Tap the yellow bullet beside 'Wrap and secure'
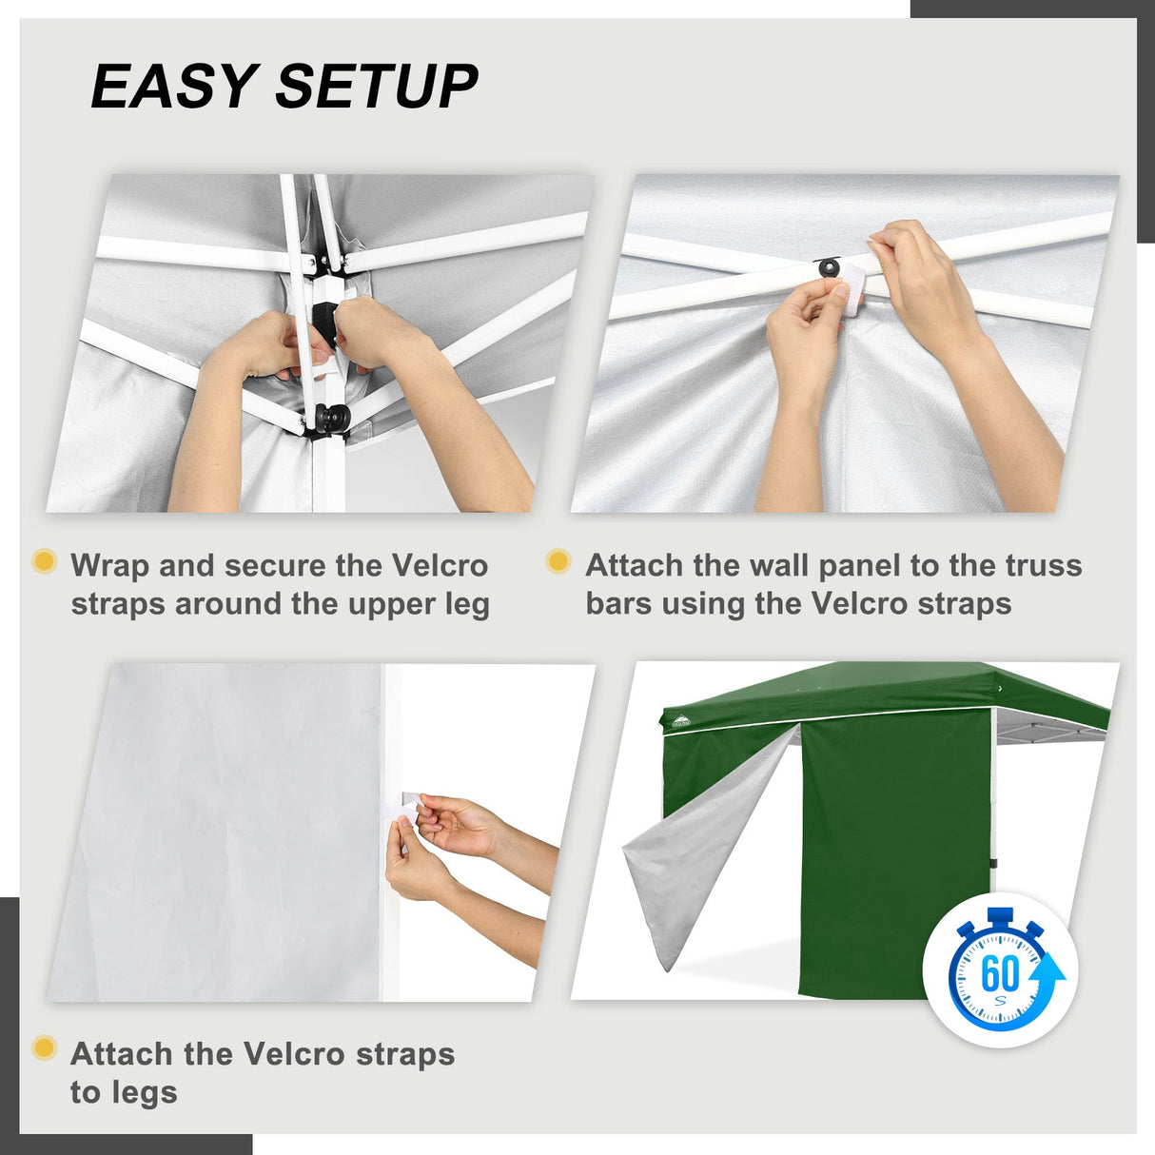[x=44, y=561]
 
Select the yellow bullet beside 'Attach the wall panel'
[x=558, y=561]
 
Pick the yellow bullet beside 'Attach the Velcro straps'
[x=44, y=1048]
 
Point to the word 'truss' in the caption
[x=1044, y=565]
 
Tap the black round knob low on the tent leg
[x=332, y=417]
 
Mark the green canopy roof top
[x=885, y=685]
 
